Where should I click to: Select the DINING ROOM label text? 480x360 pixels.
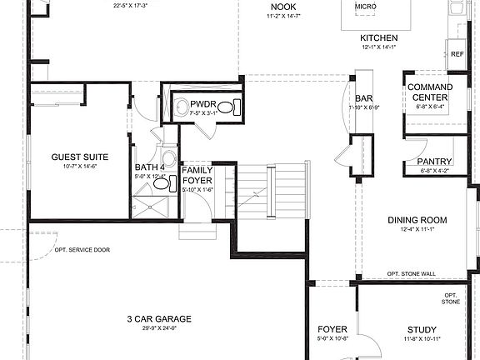[x=417, y=220]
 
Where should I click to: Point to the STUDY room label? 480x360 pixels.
[x=422, y=329]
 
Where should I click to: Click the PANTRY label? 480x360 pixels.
[x=434, y=162]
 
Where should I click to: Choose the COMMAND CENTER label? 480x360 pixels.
[x=428, y=92]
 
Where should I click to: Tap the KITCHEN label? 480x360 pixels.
[x=378, y=38]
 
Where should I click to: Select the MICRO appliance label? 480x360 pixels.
[x=364, y=7]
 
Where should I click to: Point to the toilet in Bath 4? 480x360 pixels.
[x=167, y=157]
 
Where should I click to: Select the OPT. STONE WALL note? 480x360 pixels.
[x=412, y=274]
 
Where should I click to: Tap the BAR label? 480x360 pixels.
[x=363, y=98]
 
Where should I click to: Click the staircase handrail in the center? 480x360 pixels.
[x=270, y=192]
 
